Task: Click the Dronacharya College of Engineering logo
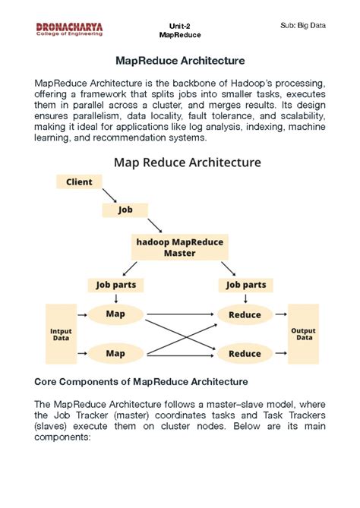tap(69, 29)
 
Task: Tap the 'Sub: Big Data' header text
tap(302, 26)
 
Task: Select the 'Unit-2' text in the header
tap(180, 26)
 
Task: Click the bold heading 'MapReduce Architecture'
tap(180, 60)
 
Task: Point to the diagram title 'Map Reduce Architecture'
tap(187, 162)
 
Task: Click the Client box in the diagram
tap(79, 182)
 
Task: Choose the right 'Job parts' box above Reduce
tap(245, 285)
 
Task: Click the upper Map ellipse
tap(115, 313)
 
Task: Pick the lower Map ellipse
tap(115, 353)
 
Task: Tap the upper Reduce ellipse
tap(245, 314)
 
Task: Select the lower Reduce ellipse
tap(245, 354)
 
